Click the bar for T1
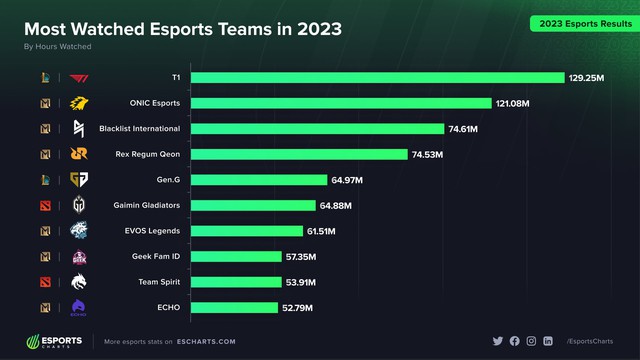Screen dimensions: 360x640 tap(378, 77)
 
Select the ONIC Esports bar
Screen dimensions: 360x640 tap(341, 103)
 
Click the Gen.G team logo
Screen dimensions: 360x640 tap(79, 180)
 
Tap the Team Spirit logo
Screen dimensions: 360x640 tap(79, 282)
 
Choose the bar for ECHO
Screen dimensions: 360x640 tap(234, 307)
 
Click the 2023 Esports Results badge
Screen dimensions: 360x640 tap(579, 22)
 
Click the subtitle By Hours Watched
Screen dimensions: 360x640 tap(57, 46)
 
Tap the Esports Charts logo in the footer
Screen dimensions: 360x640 tap(58, 341)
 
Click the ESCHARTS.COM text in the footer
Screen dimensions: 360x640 tap(207, 342)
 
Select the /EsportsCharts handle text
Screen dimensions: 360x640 tap(590, 342)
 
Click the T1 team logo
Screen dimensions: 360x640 tap(79, 78)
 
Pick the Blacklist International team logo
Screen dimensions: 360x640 tap(79, 129)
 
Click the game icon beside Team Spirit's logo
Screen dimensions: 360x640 tap(45, 282)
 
